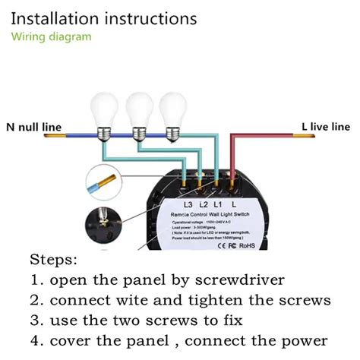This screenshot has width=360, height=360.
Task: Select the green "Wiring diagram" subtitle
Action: point(51,36)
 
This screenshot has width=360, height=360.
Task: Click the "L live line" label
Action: point(326,126)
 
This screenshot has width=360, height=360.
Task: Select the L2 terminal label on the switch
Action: point(204,205)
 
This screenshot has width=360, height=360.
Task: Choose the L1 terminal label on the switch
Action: point(219,205)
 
